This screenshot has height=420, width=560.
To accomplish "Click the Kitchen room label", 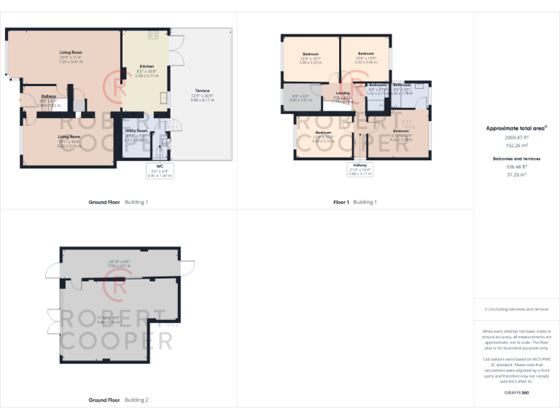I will (x=147, y=66).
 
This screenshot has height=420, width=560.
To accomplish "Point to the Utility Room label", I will (x=136, y=131).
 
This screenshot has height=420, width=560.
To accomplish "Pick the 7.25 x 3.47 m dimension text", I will (x=71, y=63).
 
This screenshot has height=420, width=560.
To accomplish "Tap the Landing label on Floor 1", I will (x=343, y=93).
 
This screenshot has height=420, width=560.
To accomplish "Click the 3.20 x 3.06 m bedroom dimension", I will (x=367, y=63).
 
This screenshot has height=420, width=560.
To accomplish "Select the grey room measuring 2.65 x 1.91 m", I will (x=300, y=98).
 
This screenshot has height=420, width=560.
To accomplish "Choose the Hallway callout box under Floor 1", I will (x=360, y=169).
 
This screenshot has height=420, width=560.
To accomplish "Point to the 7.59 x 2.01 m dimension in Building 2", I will (x=119, y=265).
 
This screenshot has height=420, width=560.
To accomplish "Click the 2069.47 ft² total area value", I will (x=516, y=137).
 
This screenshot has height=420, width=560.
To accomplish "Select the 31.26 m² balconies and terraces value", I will (x=516, y=173).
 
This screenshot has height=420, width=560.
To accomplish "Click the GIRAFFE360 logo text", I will (x=516, y=393).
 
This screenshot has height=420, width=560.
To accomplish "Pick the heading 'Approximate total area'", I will (x=516, y=128).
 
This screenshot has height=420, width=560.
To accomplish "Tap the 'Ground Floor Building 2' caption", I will (x=118, y=400).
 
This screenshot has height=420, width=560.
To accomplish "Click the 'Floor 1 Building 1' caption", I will (x=355, y=202).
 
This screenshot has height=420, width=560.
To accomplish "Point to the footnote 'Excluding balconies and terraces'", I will (x=516, y=309).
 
